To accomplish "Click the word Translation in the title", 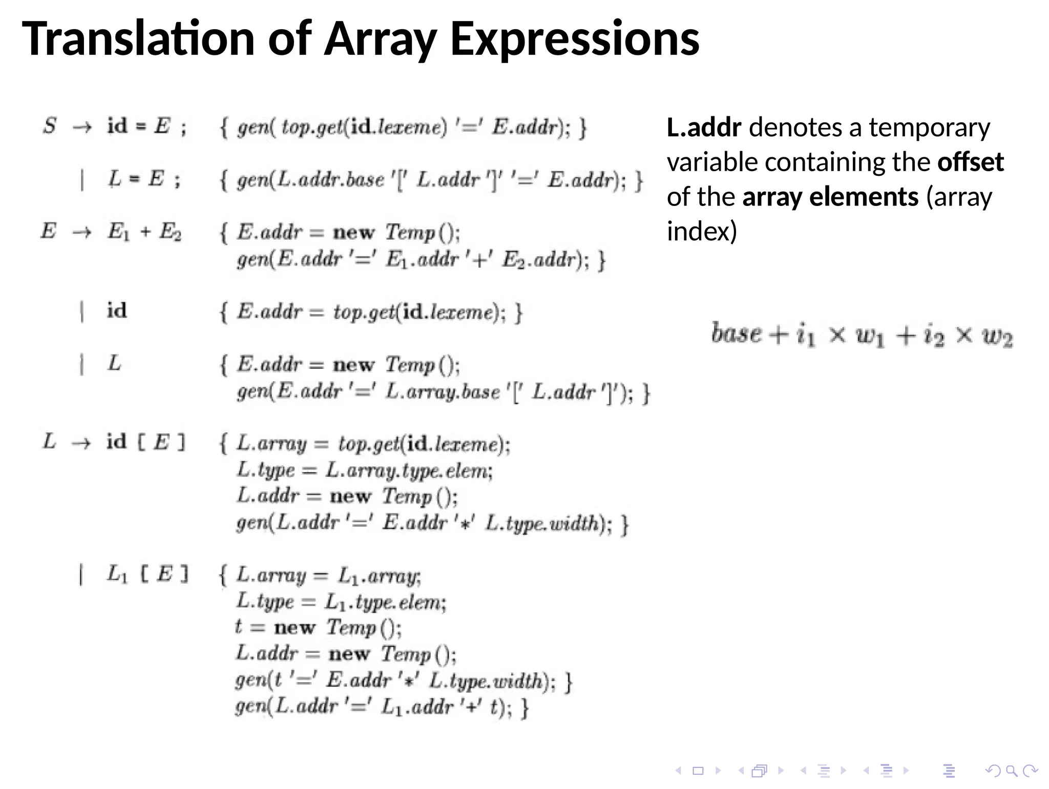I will (138, 39).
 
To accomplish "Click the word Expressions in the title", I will (575, 40).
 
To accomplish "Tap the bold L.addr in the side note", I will (704, 128).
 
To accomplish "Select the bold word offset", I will (970, 162).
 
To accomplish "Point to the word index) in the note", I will (702, 232).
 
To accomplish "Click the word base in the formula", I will (736, 334).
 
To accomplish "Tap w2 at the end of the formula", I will (997, 337).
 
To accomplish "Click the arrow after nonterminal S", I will (82, 127).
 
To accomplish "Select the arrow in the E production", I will (82, 232).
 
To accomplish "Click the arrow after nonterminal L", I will (81, 443).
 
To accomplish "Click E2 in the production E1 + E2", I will (170, 232).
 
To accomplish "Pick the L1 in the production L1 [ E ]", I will (117, 574).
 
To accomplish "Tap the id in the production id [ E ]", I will (116, 442).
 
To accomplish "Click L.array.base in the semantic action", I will (443, 392).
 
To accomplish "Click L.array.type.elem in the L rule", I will (408, 470).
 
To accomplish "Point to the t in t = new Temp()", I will (238, 627).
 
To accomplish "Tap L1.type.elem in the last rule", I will (385, 602).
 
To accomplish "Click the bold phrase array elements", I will (830, 197).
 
